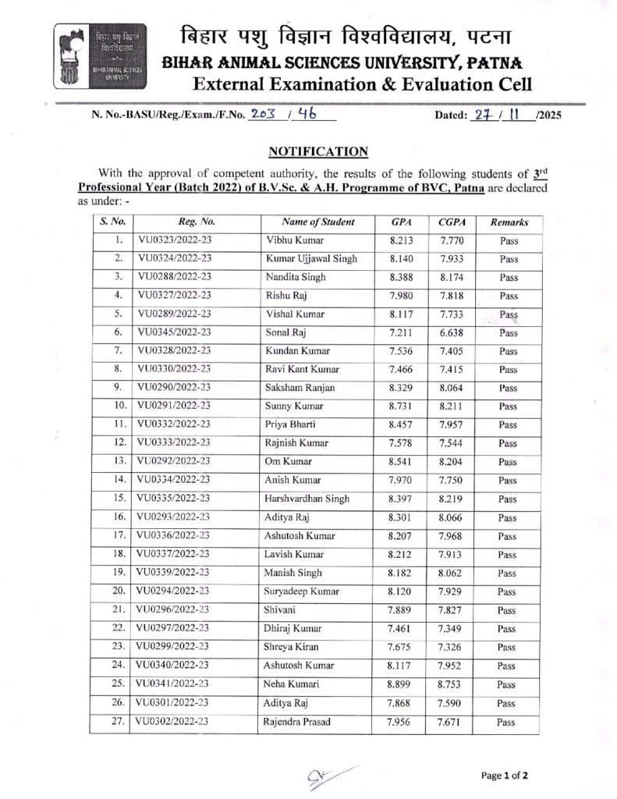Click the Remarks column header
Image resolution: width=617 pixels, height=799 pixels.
click(x=509, y=222)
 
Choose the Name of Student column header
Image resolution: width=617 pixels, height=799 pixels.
click(x=317, y=222)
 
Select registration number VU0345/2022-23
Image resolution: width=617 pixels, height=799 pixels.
click(x=175, y=333)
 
